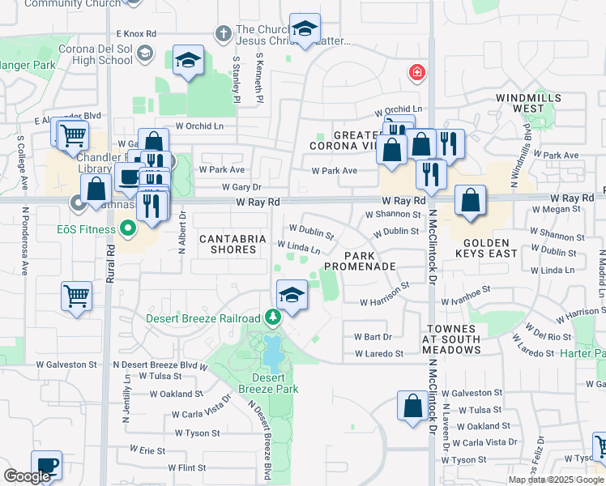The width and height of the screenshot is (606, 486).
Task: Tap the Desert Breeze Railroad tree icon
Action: (273, 318)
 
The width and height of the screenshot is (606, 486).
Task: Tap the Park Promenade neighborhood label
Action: (360, 260)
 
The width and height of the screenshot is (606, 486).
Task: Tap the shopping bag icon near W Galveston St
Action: (412, 406)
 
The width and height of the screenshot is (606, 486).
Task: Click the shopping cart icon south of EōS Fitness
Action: (76, 296)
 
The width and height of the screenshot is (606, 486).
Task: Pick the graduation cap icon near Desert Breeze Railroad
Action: (292, 294)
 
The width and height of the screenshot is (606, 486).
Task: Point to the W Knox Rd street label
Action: (136, 34)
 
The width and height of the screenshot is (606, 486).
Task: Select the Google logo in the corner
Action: (27, 476)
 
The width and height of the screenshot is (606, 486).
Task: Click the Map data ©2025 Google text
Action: (556, 480)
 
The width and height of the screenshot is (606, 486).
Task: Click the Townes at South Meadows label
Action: (452, 339)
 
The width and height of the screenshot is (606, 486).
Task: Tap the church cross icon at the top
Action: (224, 34)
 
